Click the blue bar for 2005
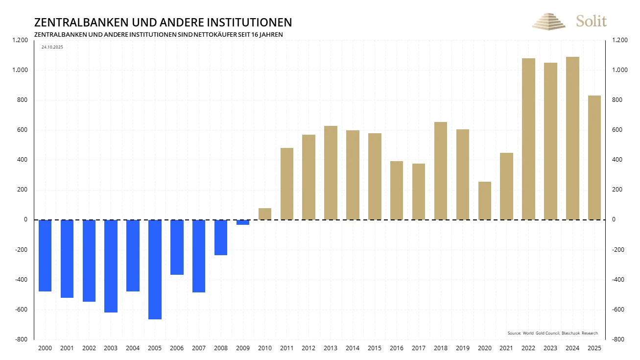[x=155, y=269]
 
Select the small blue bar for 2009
[x=243, y=222]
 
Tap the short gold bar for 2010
[x=265, y=214]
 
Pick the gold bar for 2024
[x=572, y=138]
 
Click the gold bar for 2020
[x=485, y=201]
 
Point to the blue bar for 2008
[x=221, y=238]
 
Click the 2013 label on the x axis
[x=331, y=348]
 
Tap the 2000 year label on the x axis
[x=45, y=348]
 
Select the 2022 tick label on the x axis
[x=529, y=348]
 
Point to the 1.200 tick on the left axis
[x=20, y=40]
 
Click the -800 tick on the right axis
[x=618, y=339]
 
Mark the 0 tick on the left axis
[x=25, y=219]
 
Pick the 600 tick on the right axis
[x=617, y=130]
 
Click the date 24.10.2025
[x=52, y=47]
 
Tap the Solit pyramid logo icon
[x=548, y=22]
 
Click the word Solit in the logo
[x=591, y=21]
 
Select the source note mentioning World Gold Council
[x=552, y=333]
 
